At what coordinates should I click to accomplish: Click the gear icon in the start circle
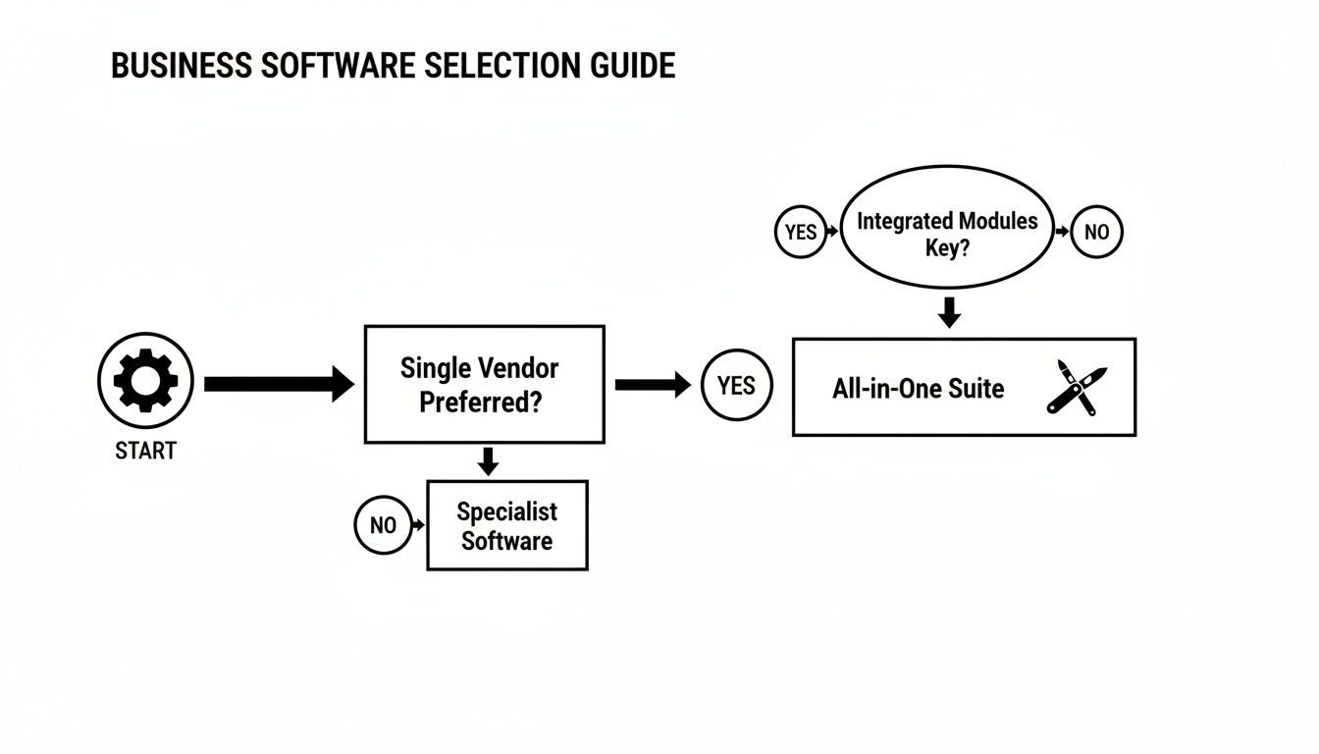click(x=145, y=380)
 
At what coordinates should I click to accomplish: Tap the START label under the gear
click(x=145, y=452)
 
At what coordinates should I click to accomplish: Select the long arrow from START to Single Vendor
click(x=278, y=384)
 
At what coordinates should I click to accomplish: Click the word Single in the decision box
click(x=437, y=369)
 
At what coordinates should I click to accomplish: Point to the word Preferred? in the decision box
click(x=480, y=403)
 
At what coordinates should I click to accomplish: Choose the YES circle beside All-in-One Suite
click(x=737, y=386)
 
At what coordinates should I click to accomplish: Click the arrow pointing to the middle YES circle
click(x=652, y=385)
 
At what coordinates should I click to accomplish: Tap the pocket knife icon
click(x=1076, y=387)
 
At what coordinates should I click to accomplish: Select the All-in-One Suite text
click(x=918, y=389)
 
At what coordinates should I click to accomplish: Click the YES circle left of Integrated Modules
click(x=801, y=233)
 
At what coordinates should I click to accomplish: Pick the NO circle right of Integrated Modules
click(x=1095, y=233)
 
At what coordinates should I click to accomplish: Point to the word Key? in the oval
click(x=947, y=247)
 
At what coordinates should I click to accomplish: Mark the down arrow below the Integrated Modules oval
click(x=949, y=312)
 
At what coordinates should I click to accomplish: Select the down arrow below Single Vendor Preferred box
click(x=486, y=459)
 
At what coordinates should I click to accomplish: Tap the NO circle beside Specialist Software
click(x=383, y=525)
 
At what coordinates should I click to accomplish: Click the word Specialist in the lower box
click(x=506, y=512)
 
